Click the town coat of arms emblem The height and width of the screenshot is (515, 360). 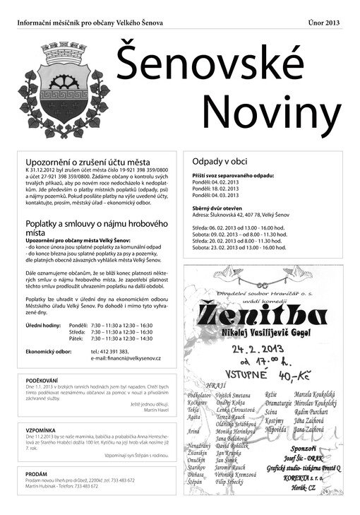click(64, 88)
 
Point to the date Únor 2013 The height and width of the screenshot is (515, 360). click(324, 23)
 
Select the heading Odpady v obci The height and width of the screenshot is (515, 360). click(220, 162)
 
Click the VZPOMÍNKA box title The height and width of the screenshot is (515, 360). click(40, 430)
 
